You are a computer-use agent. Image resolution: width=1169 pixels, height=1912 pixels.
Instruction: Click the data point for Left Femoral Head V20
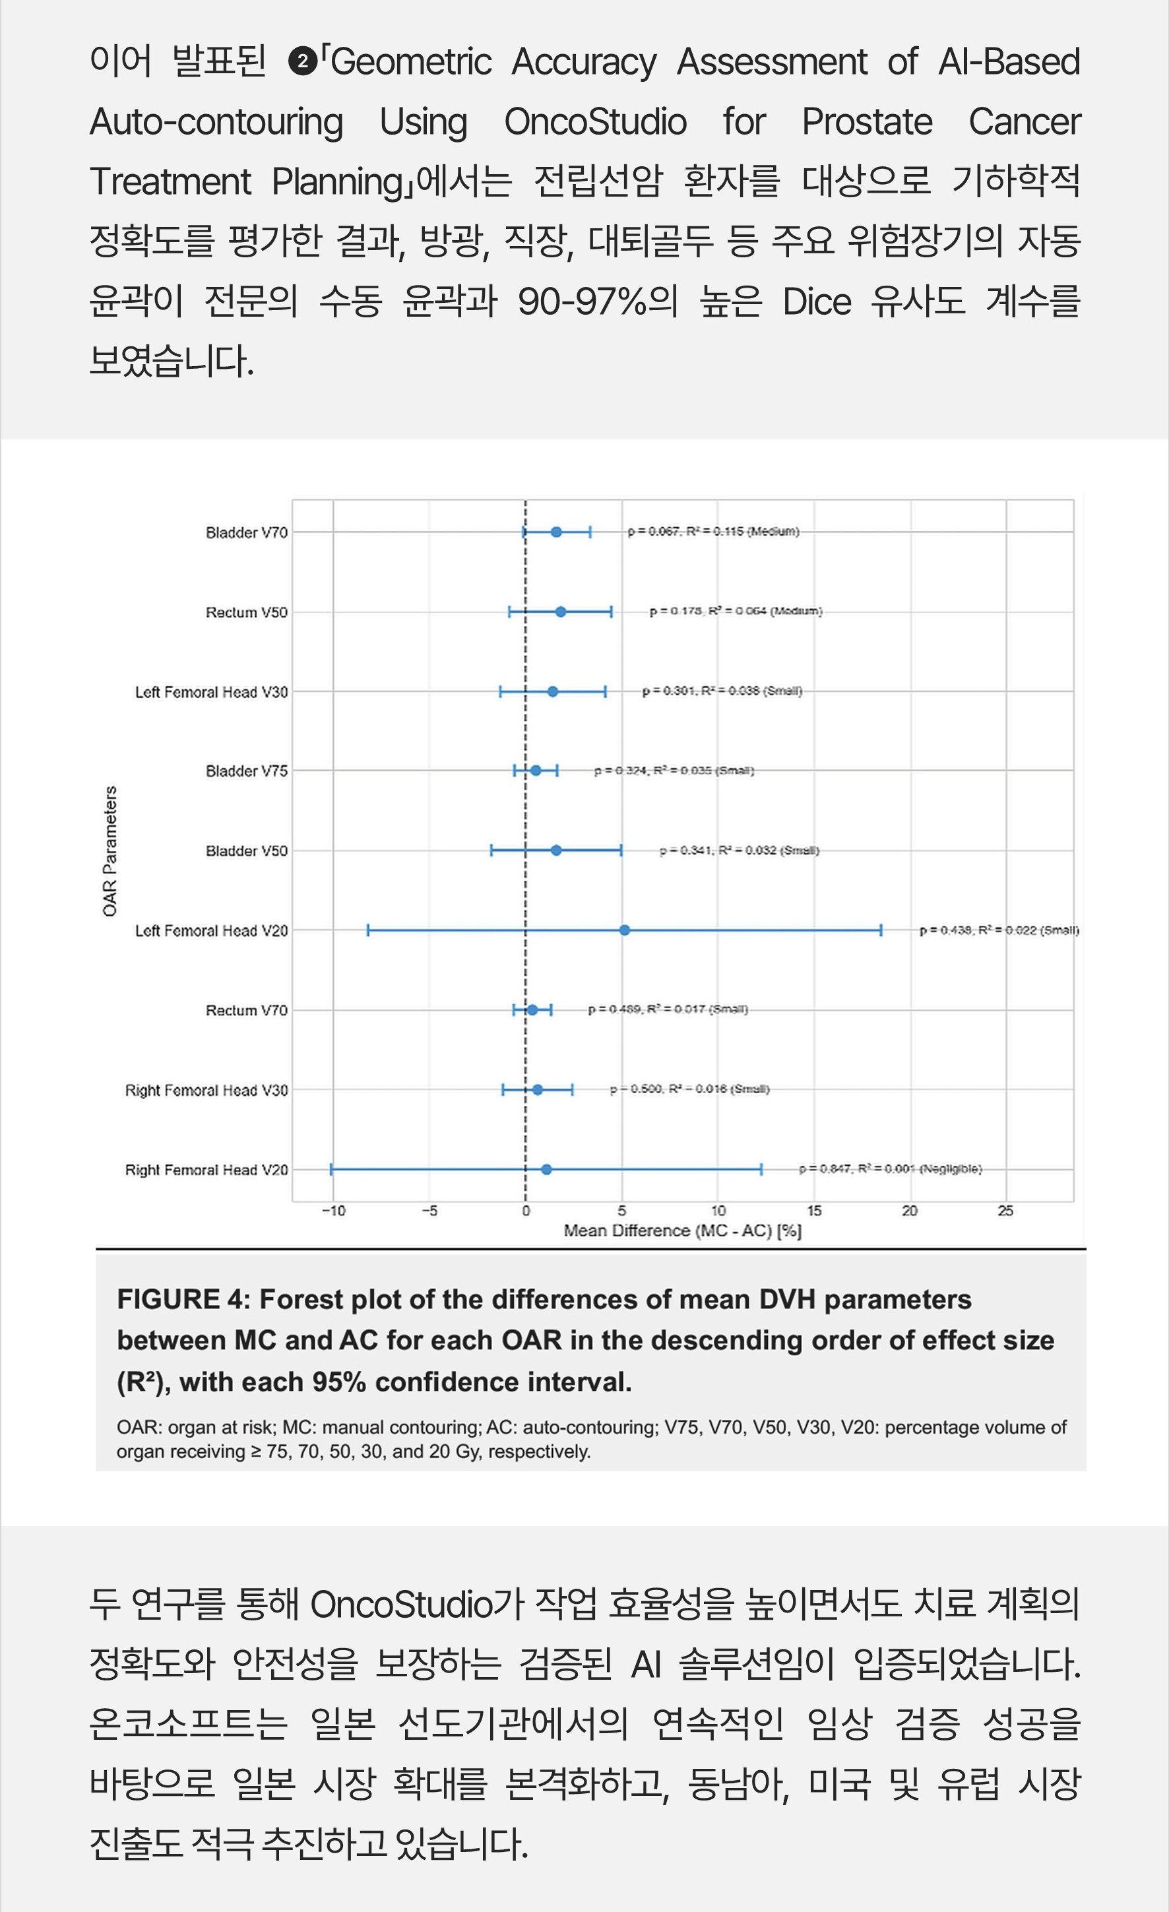coord(625,930)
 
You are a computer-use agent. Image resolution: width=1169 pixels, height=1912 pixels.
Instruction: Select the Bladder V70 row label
coord(246,532)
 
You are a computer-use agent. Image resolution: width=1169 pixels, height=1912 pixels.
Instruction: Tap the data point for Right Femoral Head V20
coord(546,1169)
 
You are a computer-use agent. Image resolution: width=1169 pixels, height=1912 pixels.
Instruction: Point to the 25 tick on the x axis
coord(1005,1211)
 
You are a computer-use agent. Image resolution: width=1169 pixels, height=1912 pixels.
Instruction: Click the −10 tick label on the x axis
coord(334,1211)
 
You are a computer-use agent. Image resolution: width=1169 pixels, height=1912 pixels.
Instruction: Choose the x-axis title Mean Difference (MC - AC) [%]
coord(682,1230)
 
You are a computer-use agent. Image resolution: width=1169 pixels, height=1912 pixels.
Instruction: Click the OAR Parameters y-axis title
coord(110,850)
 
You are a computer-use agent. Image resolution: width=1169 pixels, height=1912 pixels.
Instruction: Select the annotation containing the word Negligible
coord(891,1168)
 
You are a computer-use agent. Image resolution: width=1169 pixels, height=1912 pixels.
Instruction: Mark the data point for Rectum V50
coord(561,612)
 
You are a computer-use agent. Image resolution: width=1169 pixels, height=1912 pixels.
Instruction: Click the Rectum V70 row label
coord(246,1010)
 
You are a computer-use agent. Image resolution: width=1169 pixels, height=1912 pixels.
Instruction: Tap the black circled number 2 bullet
coord(303,61)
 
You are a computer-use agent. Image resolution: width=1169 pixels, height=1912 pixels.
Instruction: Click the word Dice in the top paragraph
coord(816,301)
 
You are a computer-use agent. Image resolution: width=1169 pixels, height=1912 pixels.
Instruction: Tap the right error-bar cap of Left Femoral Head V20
coord(881,930)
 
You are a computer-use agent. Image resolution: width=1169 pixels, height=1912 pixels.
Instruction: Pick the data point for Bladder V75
coord(535,771)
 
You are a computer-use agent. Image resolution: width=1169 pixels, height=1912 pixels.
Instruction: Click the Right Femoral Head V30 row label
coord(206,1090)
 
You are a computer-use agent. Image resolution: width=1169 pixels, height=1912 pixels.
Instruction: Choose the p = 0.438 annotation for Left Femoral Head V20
coord(998,930)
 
